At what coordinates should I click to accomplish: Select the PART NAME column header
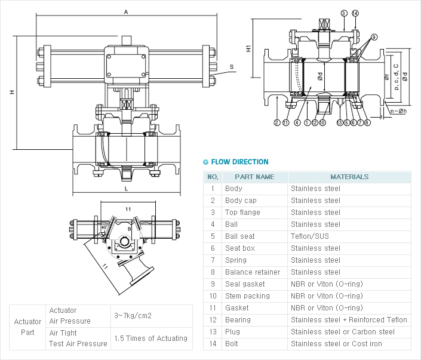(254, 177)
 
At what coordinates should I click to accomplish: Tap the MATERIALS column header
(349, 177)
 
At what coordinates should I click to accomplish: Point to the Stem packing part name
(247, 296)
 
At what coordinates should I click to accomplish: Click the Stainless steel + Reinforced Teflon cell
(349, 320)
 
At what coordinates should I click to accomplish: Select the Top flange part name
(242, 213)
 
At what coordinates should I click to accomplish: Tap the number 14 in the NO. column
(212, 344)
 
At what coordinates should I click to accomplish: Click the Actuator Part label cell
(27, 327)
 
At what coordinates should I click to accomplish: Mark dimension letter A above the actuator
(126, 11)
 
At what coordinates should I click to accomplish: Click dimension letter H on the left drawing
(11, 92)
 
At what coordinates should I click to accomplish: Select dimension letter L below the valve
(126, 189)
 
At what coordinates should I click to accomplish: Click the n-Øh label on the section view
(398, 111)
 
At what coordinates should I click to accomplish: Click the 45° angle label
(105, 227)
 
